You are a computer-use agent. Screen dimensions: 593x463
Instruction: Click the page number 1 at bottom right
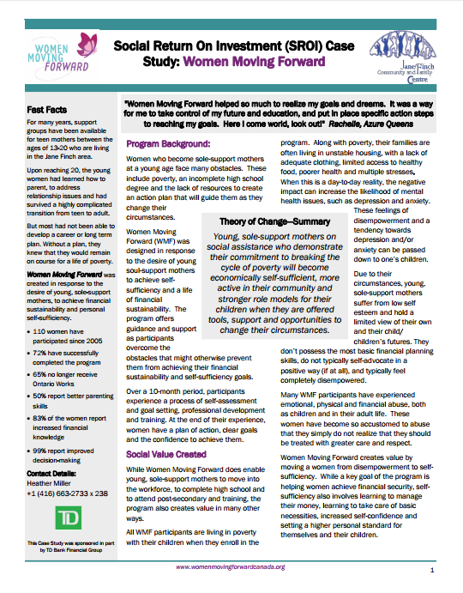click(432, 569)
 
